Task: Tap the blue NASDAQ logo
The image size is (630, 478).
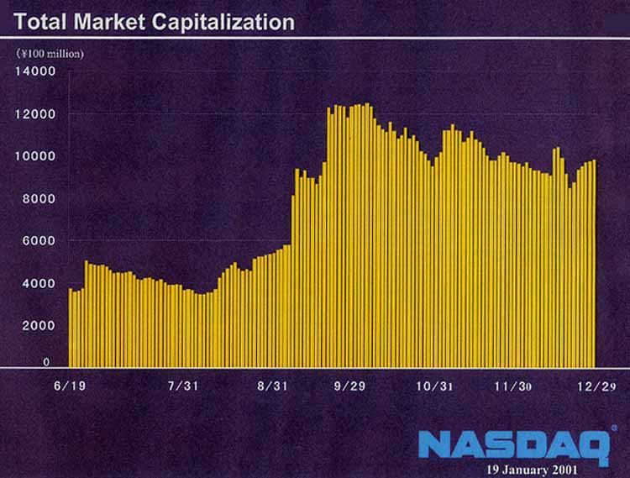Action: coord(513,444)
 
